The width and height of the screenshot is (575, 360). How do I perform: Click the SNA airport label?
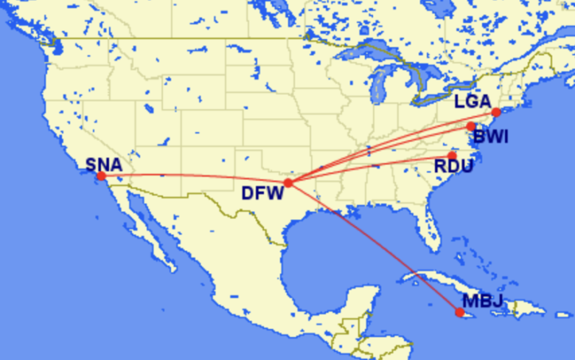[104, 164]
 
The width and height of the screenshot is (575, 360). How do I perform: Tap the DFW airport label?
[261, 195]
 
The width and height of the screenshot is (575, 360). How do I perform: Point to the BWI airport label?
[490, 136]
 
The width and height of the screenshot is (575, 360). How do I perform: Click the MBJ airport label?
[482, 301]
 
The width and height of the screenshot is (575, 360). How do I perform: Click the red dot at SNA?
[101, 176]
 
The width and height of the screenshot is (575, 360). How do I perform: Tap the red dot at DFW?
[288, 182]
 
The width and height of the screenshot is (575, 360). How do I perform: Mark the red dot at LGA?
[496, 112]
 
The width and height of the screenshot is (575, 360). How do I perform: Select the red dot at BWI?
[471, 126]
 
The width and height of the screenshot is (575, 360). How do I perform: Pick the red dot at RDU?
[452, 155]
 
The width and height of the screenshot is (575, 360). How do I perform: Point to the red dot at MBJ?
[460, 312]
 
